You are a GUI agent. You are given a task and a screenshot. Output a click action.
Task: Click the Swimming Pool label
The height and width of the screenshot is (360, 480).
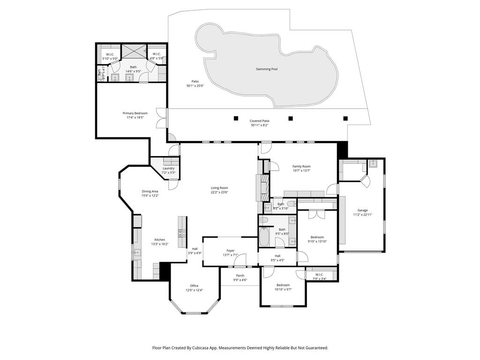266,69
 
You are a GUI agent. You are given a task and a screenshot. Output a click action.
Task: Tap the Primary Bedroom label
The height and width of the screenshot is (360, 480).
135,113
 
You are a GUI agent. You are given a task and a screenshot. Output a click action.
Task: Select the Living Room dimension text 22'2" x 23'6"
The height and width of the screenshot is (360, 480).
219,192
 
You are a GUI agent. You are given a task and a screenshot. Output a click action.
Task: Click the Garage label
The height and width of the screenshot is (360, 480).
362,210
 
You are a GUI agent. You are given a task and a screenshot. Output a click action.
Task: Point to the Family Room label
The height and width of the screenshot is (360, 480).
301,166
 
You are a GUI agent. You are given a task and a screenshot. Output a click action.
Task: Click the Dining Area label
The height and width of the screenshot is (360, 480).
150,191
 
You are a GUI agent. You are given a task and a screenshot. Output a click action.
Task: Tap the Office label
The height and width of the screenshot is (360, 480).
194,285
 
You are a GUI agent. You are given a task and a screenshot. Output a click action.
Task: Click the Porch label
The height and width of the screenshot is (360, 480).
240,275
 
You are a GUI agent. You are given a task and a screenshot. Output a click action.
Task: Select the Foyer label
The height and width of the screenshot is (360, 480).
230,250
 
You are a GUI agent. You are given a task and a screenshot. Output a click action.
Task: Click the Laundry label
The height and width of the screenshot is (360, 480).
168,168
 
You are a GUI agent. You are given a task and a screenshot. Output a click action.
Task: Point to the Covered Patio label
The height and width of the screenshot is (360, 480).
259,121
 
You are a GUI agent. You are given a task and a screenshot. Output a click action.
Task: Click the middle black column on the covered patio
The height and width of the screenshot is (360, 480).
291,118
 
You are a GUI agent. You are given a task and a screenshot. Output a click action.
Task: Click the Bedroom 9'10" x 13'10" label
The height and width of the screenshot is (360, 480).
317,237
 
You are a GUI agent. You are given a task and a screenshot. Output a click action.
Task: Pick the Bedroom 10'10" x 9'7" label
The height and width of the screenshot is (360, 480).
283,285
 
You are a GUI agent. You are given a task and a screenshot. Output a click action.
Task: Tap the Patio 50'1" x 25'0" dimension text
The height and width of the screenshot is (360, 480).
195,86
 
